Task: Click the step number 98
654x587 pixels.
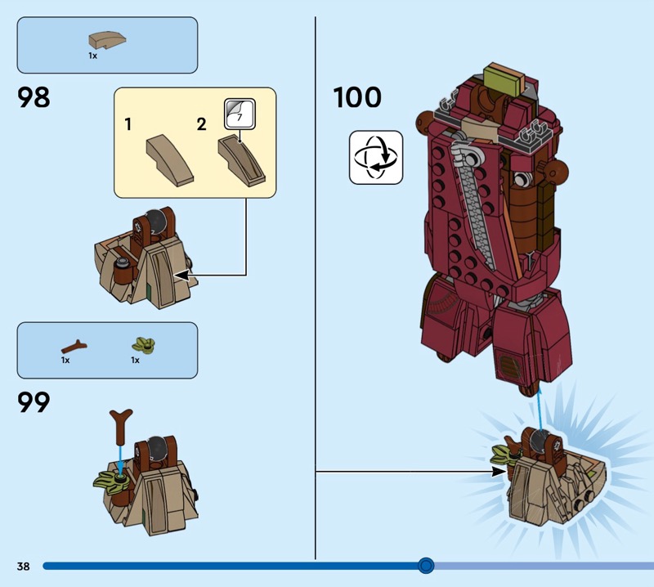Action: coord(34,98)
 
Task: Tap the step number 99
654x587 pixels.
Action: coord(34,402)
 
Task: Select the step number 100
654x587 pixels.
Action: coord(357,98)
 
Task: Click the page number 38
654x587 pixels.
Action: coord(22,566)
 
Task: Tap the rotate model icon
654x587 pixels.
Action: coord(376,157)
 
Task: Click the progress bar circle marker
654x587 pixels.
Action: coord(425,565)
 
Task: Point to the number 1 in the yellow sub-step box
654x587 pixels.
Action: coord(129,124)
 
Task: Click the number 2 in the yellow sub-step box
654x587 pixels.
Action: coord(201,124)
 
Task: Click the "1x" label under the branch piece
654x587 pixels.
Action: coord(65,360)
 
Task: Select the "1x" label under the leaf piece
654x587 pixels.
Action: coord(136,360)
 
